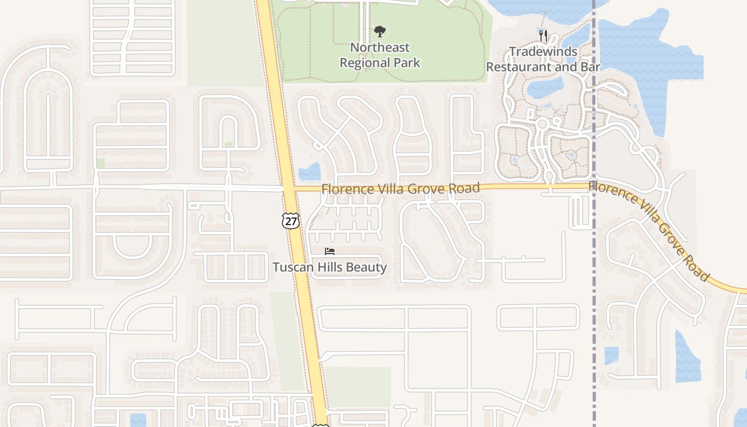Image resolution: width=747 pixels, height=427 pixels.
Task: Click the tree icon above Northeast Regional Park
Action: click(379, 31)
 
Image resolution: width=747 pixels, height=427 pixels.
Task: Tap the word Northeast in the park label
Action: click(379, 47)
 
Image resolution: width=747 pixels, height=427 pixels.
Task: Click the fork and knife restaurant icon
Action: click(543, 36)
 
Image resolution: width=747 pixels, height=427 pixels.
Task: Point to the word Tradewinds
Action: click(543, 52)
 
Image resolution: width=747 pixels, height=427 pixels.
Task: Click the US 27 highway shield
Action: click(291, 220)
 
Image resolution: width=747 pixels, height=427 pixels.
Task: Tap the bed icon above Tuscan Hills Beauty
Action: click(330, 251)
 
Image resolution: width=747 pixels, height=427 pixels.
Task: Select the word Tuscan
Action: click(291, 267)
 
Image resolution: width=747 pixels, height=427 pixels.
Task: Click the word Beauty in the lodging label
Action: click(367, 267)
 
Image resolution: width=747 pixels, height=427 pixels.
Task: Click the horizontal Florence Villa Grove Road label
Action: click(400, 188)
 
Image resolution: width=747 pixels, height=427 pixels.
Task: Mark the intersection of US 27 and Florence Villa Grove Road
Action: click(288, 188)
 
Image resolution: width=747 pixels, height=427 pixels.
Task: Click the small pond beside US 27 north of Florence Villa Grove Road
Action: click(309, 172)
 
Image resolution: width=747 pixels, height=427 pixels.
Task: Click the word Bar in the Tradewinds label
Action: click(590, 67)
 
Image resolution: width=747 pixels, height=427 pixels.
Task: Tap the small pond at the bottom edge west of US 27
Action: click(138, 420)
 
